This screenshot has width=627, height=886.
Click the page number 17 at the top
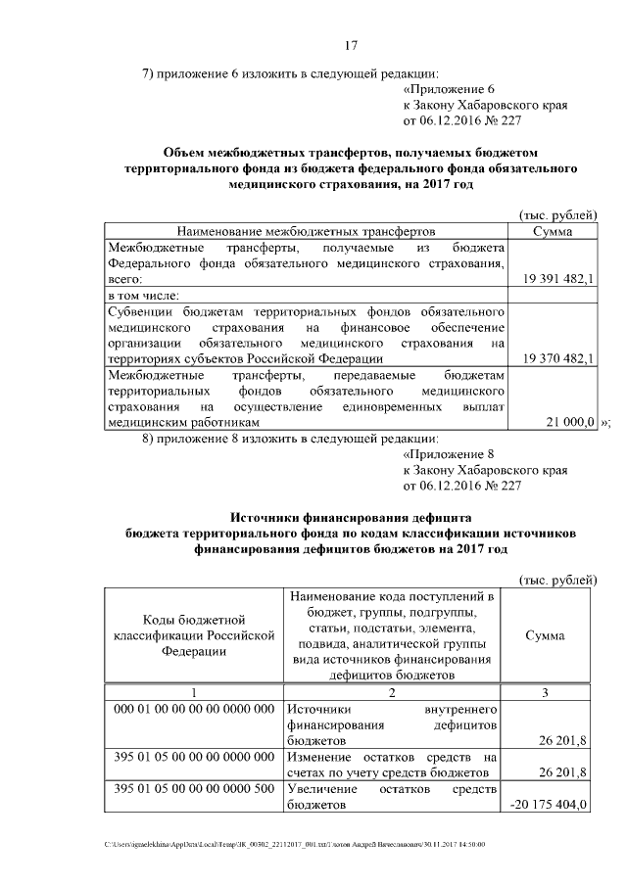353,45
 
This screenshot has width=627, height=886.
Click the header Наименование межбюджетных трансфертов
305,231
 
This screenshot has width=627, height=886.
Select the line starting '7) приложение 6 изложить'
291,71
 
